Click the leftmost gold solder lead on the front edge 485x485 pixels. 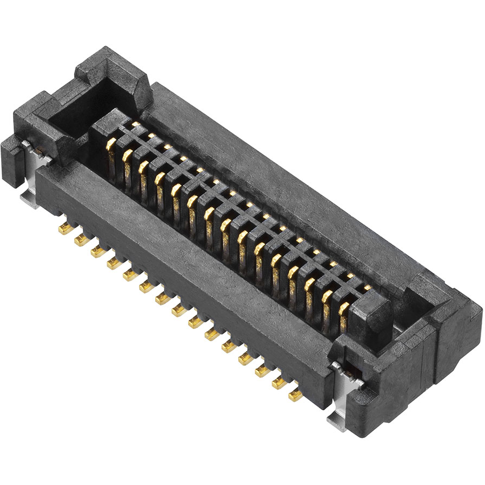pyautogui.click(x=66, y=228)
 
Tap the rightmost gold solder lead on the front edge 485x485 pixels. pyautogui.click(x=295, y=395)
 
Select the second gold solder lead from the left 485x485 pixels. pyautogui.click(x=82, y=240)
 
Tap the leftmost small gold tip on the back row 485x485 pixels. pyautogui.click(x=135, y=125)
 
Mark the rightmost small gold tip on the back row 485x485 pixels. pyautogui.click(x=367, y=288)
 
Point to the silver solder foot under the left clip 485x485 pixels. pyautogui.click(x=30, y=200)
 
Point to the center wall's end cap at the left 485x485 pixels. pyautogui.click(x=103, y=127)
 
